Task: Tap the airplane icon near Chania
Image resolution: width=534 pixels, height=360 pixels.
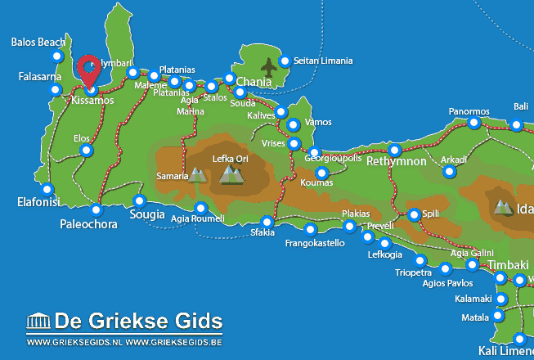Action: (268, 65)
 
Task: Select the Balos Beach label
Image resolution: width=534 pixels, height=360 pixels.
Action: (39, 42)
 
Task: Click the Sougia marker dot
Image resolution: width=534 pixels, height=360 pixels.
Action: (139, 200)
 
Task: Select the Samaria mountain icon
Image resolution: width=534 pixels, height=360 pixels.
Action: (197, 173)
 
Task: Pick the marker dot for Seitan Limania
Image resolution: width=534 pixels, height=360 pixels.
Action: (285, 61)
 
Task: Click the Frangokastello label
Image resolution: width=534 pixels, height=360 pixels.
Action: (315, 243)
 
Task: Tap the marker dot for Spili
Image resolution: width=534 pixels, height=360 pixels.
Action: (414, 214)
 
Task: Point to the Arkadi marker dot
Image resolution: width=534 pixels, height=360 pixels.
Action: (449, 171)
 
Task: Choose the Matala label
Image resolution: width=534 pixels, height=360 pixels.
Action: (475, 316)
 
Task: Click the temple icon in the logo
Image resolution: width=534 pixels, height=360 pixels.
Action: (39, 320)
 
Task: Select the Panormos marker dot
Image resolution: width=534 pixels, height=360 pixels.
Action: (473, 124)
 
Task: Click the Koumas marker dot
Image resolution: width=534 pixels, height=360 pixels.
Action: (321, 173)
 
